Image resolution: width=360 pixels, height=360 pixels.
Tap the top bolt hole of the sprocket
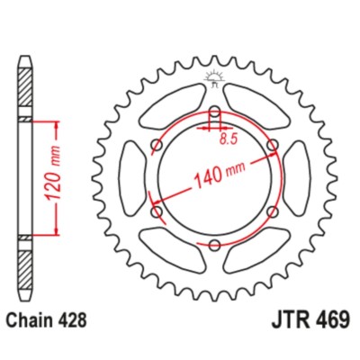coord(214,112)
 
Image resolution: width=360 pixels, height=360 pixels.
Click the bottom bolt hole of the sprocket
coord(214,245)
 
